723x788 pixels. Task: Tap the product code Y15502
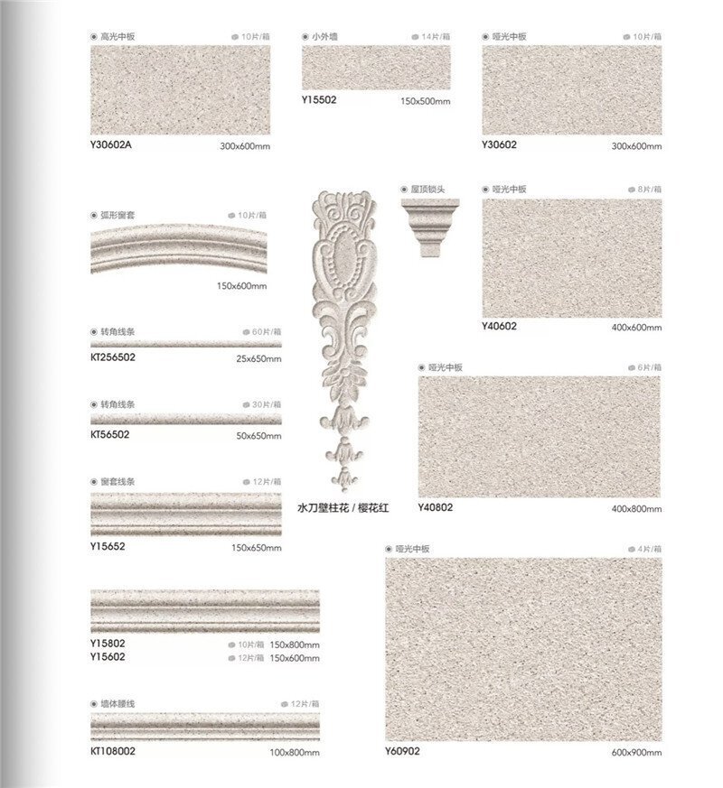click(318, 100)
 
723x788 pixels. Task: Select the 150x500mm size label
click(424, 101)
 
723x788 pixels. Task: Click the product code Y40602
click(499, 327)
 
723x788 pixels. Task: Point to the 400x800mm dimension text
click(636, 510)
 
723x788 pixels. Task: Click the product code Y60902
click(402, 751)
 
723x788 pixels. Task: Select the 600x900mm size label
click(636, 753)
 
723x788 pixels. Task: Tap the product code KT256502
click(113, 357)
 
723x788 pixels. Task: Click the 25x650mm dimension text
click(260, 358)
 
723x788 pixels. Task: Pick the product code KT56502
click(110, 434)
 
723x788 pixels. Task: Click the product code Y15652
click(108, 546)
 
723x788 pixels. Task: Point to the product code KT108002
click(113, 751)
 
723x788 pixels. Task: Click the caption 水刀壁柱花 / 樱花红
click(343, 509)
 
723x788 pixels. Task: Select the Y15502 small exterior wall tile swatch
click(375, 68)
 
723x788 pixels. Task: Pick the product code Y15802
click(108, 644)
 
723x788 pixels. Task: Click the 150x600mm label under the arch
click(242, 286)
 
